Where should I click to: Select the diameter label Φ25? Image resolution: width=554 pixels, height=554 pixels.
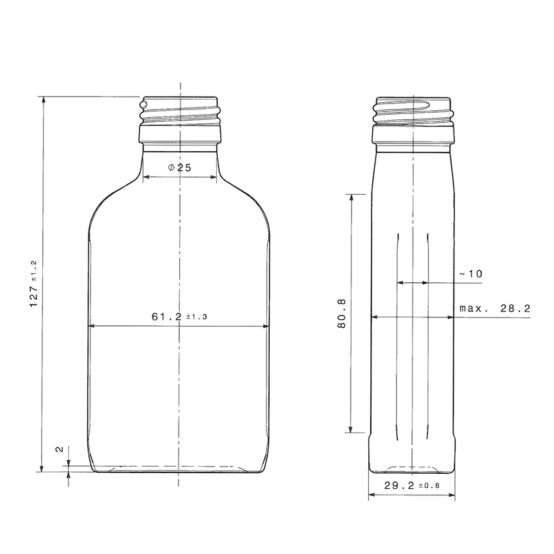click(x=179, y=168)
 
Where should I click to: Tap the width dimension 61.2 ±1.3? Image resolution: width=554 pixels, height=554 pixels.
click(x=179, y=317)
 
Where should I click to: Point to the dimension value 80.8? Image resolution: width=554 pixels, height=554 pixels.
click(x=342, y=313)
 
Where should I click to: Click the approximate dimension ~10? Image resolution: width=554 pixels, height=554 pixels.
click(x=471, y=274)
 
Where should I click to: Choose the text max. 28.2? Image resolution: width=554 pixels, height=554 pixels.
click(x=495, y=308)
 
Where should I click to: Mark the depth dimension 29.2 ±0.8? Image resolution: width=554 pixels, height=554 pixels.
click(x=412, y=486)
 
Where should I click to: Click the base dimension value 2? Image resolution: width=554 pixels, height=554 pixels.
click(x=59, y=450)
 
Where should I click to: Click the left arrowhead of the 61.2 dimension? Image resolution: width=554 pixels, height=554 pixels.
click(x=92, y=327)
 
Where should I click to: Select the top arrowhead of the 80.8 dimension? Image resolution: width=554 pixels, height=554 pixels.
click(x=352, y=197)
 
